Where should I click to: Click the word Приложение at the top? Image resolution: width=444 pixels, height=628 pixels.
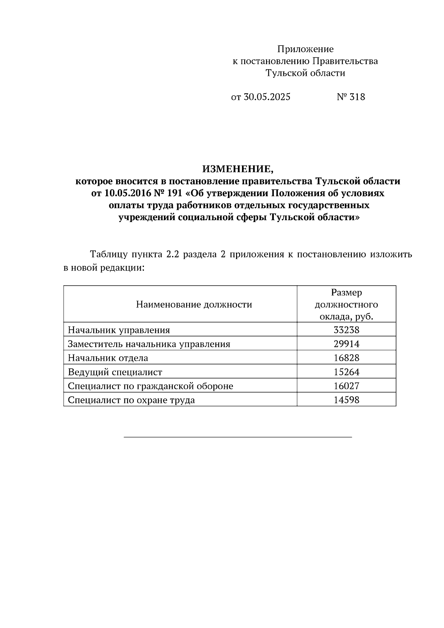[x=305, y=49]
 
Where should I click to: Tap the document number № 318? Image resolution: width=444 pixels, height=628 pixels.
[x=351, y=97]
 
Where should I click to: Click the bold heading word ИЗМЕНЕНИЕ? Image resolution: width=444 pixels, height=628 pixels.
[x=237, y=169]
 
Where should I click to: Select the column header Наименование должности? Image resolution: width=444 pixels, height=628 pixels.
[x=194, y=305]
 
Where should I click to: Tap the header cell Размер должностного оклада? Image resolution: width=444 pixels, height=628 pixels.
[x=346, y=305]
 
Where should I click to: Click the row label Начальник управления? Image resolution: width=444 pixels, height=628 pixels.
[x=119, y=330]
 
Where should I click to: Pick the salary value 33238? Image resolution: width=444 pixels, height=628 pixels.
[x=346, y=330]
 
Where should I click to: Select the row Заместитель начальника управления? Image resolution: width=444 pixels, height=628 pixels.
[x=149, y=344]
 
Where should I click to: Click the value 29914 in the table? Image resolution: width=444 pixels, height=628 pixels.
[x=346, y=344]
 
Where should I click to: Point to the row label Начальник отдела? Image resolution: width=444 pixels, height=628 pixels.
[x=108, y=358]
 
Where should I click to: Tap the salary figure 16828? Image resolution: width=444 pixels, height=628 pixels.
[x=346, y=358]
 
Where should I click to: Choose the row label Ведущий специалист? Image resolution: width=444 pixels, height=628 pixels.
[x=115, y=372]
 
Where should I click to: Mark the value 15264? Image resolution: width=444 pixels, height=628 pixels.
[x=346, y=372]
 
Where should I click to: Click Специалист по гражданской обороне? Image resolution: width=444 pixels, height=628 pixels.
[x=150, y=386]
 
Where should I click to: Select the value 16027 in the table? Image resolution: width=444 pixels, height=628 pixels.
[x=346, y=386]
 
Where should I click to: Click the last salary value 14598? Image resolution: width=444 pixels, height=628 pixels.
[x=346, y=400]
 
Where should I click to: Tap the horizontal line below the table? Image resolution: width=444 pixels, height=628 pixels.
[x=238, y=437]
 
